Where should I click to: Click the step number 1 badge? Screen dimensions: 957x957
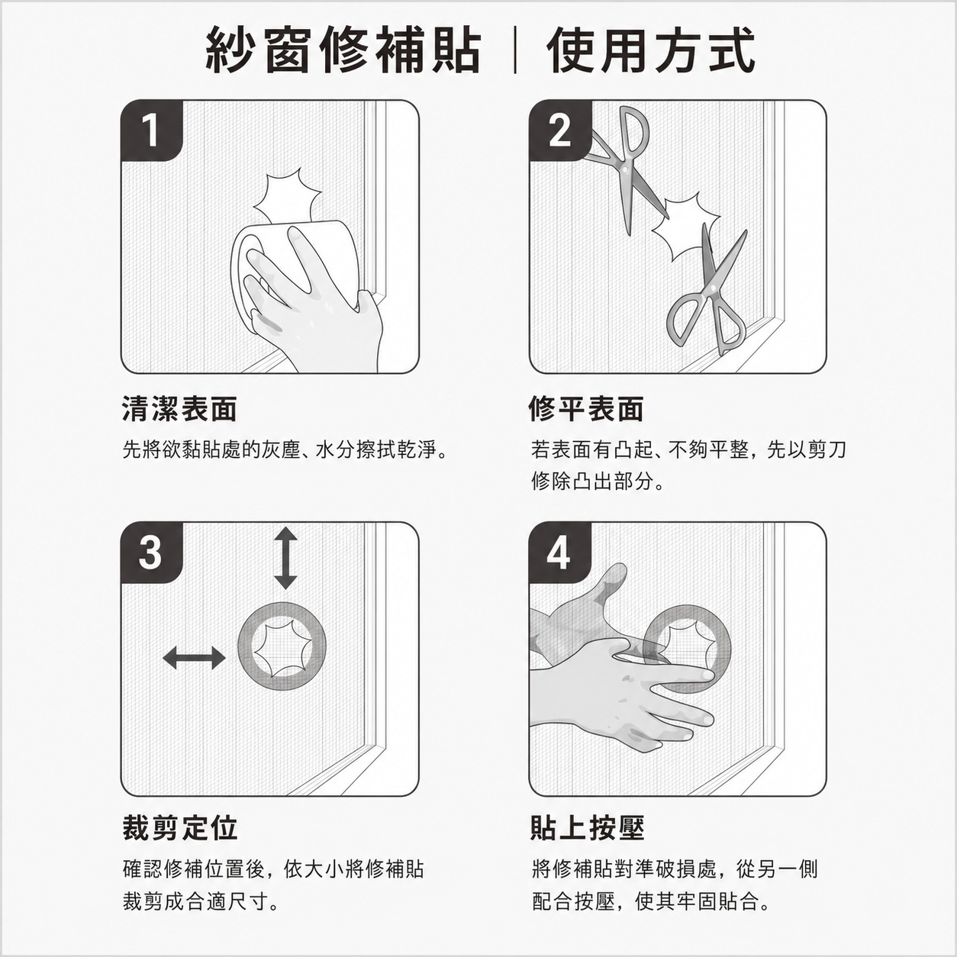pos(152,130)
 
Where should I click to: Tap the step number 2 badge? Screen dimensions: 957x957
pos(559,130)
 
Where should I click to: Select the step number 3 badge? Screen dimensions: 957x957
pos(152,553)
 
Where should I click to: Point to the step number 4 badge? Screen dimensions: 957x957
pos(559,553)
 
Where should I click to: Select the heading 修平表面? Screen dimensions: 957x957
pos(587,410)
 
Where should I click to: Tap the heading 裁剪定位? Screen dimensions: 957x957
pos(180,828)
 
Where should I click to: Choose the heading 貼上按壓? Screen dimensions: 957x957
pos(587,828)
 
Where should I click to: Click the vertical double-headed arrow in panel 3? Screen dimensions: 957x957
pos(285,558)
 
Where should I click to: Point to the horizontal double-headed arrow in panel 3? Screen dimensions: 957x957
pos(194,658)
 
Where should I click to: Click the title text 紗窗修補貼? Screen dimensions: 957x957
pos(343,50)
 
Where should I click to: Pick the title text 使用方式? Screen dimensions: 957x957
pos(651,50)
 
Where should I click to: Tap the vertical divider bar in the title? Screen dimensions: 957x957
pos(515,51)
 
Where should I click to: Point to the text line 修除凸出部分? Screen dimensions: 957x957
pos(598,482)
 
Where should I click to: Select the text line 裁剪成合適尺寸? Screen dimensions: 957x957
pos(201,902)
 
